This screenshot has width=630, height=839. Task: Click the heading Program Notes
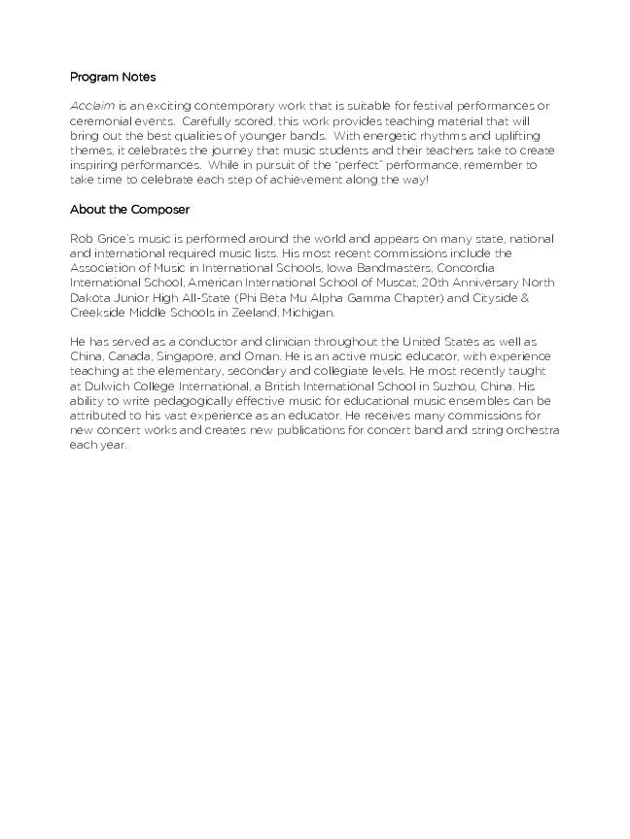click(113, 77)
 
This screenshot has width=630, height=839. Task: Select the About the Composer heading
click(129, 209)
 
